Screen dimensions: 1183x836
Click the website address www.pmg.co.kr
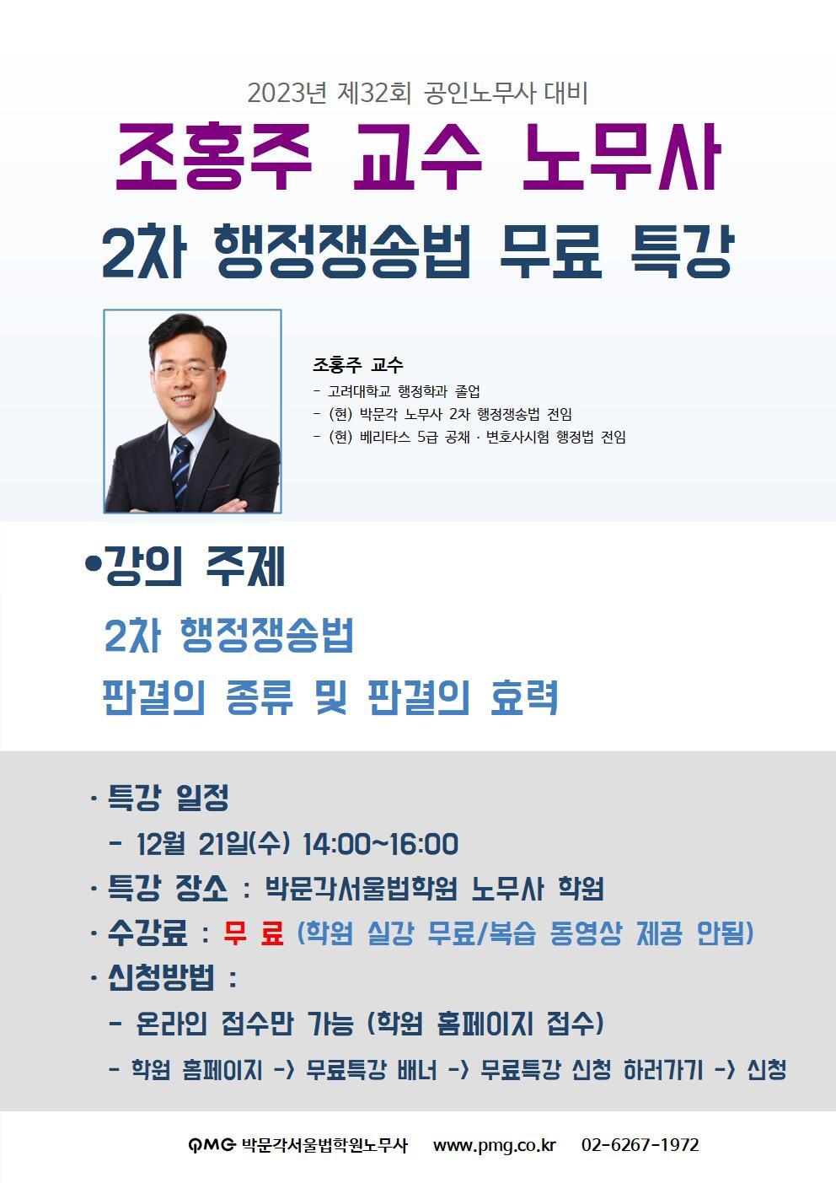coord(494,1145)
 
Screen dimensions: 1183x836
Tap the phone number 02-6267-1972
coord(640,1145)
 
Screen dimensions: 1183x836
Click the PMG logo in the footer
coord(211,1145)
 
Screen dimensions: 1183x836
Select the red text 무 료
coord(254,933)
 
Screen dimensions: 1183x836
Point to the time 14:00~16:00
coord(380,843)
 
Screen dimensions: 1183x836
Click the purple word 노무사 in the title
coord(621,158)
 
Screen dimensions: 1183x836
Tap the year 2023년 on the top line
coord(287,93)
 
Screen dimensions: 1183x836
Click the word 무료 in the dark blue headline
coord(550,251)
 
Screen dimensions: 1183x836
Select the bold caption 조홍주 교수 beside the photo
coord(357,365)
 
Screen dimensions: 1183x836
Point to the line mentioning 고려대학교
coord(396,391)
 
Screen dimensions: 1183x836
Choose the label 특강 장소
coord(168,888)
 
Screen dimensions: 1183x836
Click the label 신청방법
coord(161,978)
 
